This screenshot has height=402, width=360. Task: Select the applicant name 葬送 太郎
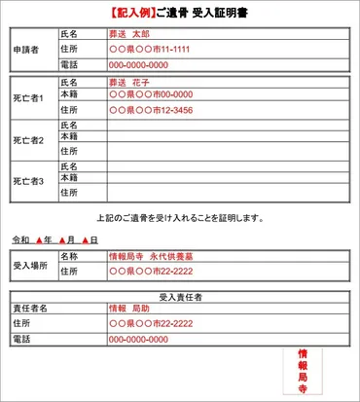tap(132, 33)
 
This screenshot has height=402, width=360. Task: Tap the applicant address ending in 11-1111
tap(149, 48)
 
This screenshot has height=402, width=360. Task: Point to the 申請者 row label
tap(26, 49)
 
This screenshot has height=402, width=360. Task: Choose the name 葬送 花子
tap(132, 83)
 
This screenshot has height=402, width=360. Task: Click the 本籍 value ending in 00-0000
tap(150, 96)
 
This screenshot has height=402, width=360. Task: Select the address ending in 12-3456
tap(151, 110)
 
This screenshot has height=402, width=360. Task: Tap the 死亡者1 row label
tap(28, 97)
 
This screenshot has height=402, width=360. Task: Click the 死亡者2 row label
tap(28, 139)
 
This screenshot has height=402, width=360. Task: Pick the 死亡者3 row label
tap(28, 180)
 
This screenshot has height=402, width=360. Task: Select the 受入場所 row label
tap(29, 264)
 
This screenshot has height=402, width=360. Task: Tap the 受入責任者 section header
tap(180, 294)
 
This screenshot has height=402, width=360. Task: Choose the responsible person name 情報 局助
tap(130, 308)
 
